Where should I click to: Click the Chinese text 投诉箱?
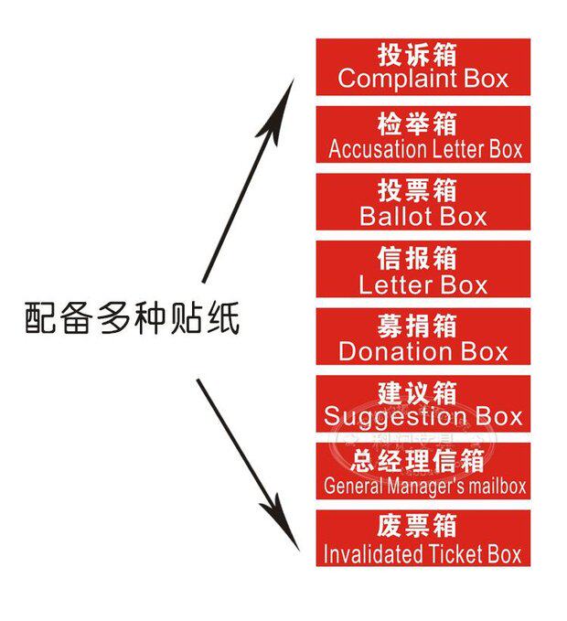coord(423,54)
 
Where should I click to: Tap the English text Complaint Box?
coord(423,79)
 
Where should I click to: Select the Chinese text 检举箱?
coord(423,123)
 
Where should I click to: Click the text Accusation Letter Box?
coord(425,148)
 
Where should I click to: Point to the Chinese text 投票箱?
coord(423,190)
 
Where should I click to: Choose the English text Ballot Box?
coord(423,217)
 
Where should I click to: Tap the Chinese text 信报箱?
coord(423,258)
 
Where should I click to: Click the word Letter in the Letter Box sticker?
coord(394,284)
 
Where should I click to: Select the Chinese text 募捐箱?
coord(423,326)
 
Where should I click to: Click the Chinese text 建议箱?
coord(423,393)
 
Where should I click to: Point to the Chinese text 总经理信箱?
coord(423,461)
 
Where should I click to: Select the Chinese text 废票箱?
coord(423,528)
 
